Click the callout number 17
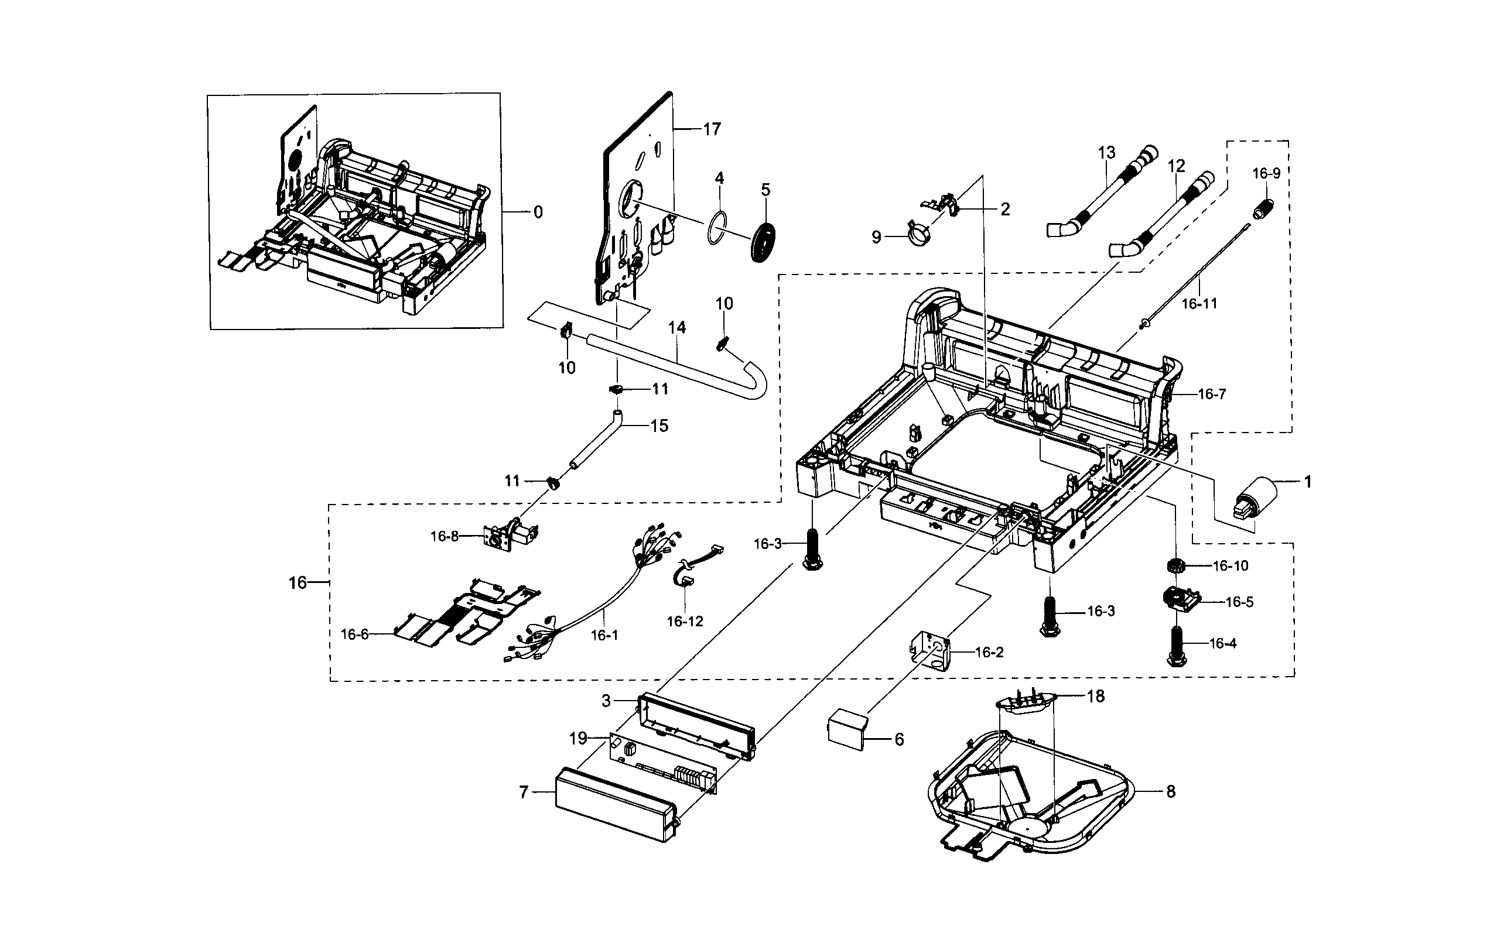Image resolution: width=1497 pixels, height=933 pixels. point(712,129)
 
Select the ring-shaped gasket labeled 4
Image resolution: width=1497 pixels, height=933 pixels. point(717,229)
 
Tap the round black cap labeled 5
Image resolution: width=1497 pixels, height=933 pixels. point(763,242)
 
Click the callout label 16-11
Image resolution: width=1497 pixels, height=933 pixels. point(1199,304)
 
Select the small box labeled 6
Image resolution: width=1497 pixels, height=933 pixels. point(848,730)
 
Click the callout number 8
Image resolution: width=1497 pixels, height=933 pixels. point(1170,791)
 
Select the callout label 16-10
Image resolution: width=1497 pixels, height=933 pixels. point(1231,566)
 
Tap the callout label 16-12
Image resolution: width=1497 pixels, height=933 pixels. point(685,622)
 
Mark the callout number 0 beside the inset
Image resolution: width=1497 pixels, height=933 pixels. point(538,212)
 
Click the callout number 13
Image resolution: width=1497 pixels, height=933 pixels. point(1107,152)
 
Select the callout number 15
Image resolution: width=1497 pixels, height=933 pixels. point(659,426)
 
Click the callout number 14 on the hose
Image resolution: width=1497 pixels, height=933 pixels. point(676,327)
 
